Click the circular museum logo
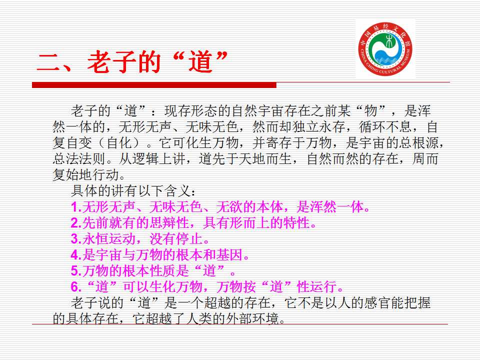[385, 49]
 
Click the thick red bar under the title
[154, 85]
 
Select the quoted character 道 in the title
[200, 62]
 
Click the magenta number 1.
[74, 207]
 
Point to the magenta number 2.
[74, 223]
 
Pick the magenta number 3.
[74, 239]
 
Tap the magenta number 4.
[74, 255]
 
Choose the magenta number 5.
[74, 271]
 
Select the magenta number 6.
[74, 287]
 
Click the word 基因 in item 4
[229, 255]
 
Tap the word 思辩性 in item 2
[169, 223]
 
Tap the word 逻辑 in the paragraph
[145, 159]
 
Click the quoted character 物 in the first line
[370, 111]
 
